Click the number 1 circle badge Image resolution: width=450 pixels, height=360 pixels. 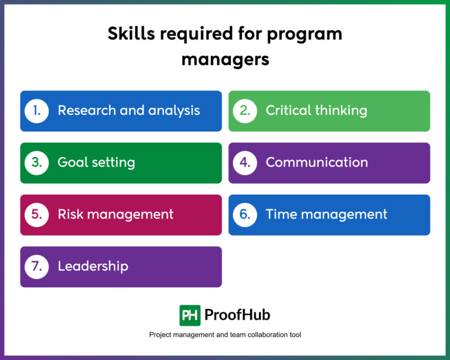coord(36,111)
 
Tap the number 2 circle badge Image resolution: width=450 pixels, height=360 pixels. coord(245,111)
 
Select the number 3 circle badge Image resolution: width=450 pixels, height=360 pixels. coord(36,162)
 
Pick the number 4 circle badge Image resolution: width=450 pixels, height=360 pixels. coord(245,162)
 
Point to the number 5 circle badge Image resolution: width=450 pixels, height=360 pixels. coord(36,215)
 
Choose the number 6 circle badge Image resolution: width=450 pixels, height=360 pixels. coord(245,215)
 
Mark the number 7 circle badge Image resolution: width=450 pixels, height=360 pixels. coord(36,266)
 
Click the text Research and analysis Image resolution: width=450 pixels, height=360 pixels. coord(128,111)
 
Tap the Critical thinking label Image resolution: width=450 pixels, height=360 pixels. coord(316,111)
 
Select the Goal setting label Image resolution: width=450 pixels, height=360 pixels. coord(96,163)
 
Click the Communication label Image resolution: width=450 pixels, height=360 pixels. coord(317,162)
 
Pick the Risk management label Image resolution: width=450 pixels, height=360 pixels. coord(115,215)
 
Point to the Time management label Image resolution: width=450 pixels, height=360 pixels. coord(326,215)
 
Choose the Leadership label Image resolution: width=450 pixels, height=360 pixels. coord(93,266)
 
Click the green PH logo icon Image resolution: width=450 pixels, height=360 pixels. coord(190,315)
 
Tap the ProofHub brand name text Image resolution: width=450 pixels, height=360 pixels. coord(237,315)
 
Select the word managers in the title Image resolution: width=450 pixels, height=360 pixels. coord(225,59)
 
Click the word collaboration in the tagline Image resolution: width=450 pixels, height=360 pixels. coord(253,335)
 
